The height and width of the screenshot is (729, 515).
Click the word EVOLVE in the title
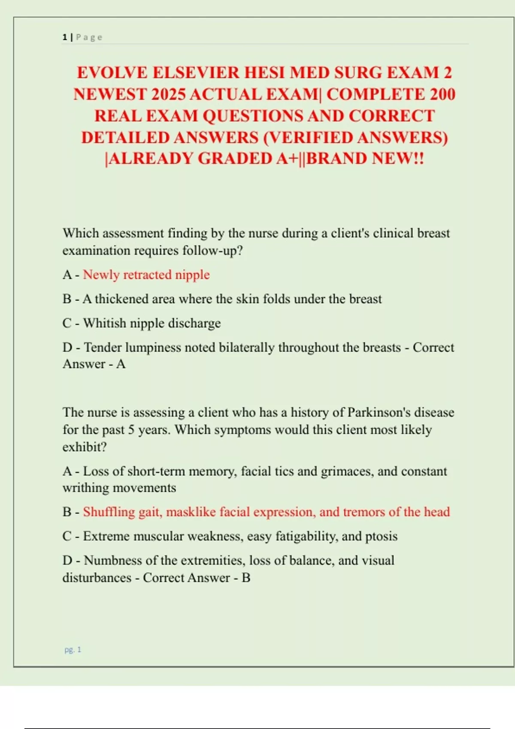pos(112,73)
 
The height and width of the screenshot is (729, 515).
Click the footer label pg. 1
pos(73,650)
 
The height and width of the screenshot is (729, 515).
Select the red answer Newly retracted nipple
pos(146,274)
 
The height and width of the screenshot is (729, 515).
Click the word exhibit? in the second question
pos(85,447)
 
